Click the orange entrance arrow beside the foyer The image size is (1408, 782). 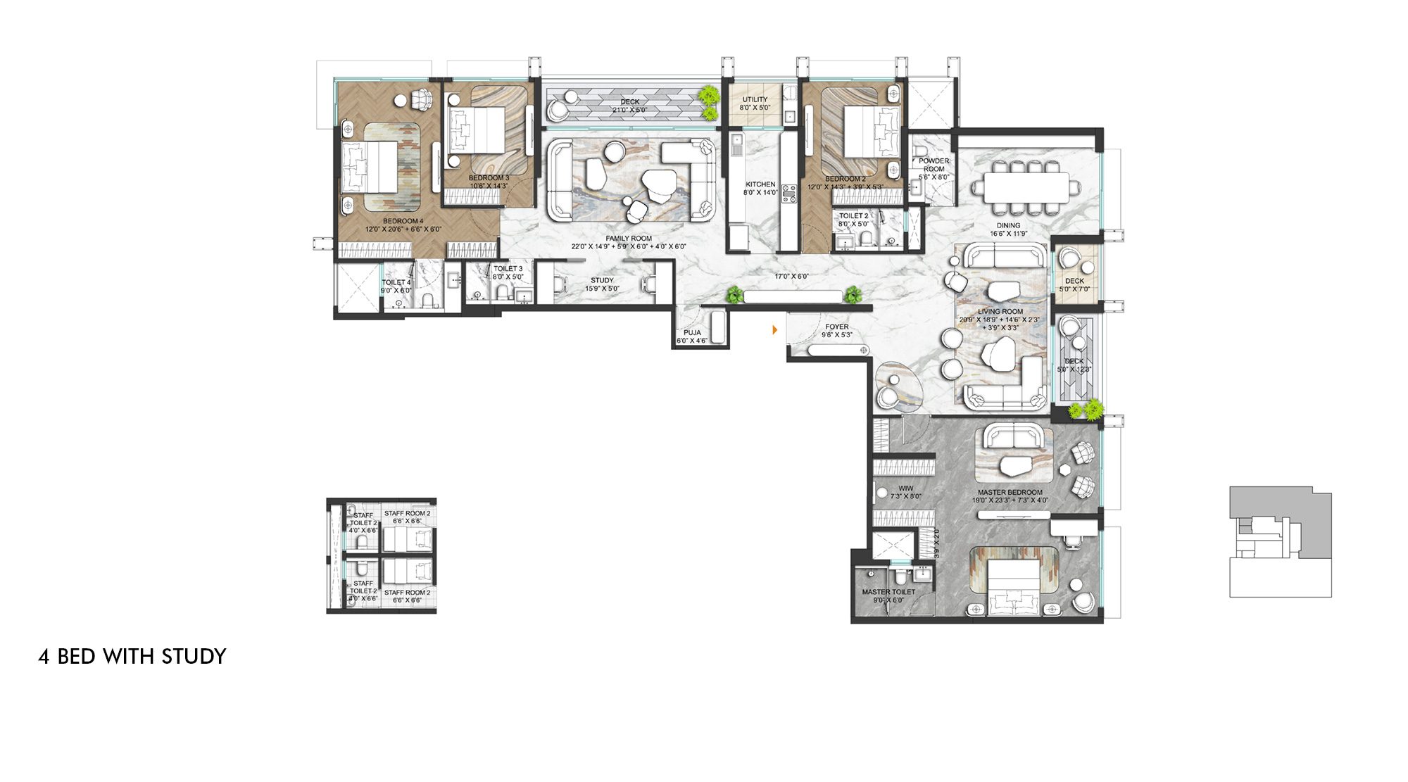coord(775,329)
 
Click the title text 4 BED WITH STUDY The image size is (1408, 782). coord(132,656)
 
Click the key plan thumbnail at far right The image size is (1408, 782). coord(1280,541)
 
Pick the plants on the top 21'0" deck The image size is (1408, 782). coord(710,103)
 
